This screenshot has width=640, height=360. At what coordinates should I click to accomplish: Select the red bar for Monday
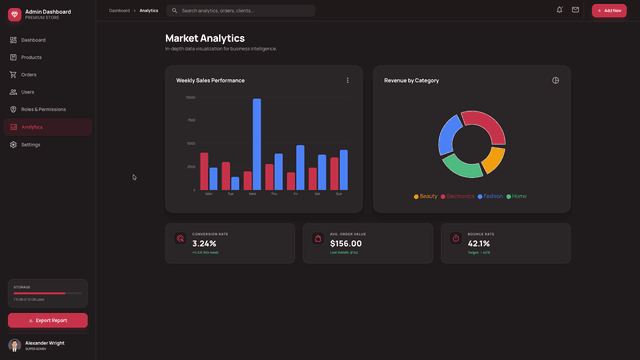point(204,171)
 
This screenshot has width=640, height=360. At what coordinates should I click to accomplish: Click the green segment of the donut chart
point(463,167)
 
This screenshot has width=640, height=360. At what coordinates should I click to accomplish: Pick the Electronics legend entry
point(457,196)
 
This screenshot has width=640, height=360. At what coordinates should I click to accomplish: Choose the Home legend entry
point(516,196)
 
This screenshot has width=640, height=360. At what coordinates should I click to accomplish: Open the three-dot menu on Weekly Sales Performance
point(348,80)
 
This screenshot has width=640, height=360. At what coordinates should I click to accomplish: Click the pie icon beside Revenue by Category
point(555,80)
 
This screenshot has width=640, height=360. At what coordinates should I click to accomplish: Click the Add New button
point(609,10)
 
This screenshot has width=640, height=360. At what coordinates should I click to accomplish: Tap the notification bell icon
point(559,10)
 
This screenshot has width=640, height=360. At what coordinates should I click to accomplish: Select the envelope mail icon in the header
point(575,10)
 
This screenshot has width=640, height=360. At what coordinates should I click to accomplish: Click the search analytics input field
point(245,10)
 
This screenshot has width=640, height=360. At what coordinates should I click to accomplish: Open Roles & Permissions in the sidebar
point(43,109)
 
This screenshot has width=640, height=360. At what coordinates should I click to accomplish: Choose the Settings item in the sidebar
point(30,144)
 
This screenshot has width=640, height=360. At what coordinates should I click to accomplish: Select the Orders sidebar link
point(28,74)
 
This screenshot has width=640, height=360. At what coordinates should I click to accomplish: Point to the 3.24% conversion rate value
point(204,243)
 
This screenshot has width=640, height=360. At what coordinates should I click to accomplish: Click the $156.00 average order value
point(346,243)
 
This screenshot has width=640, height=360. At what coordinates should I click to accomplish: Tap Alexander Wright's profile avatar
point(14,345)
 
